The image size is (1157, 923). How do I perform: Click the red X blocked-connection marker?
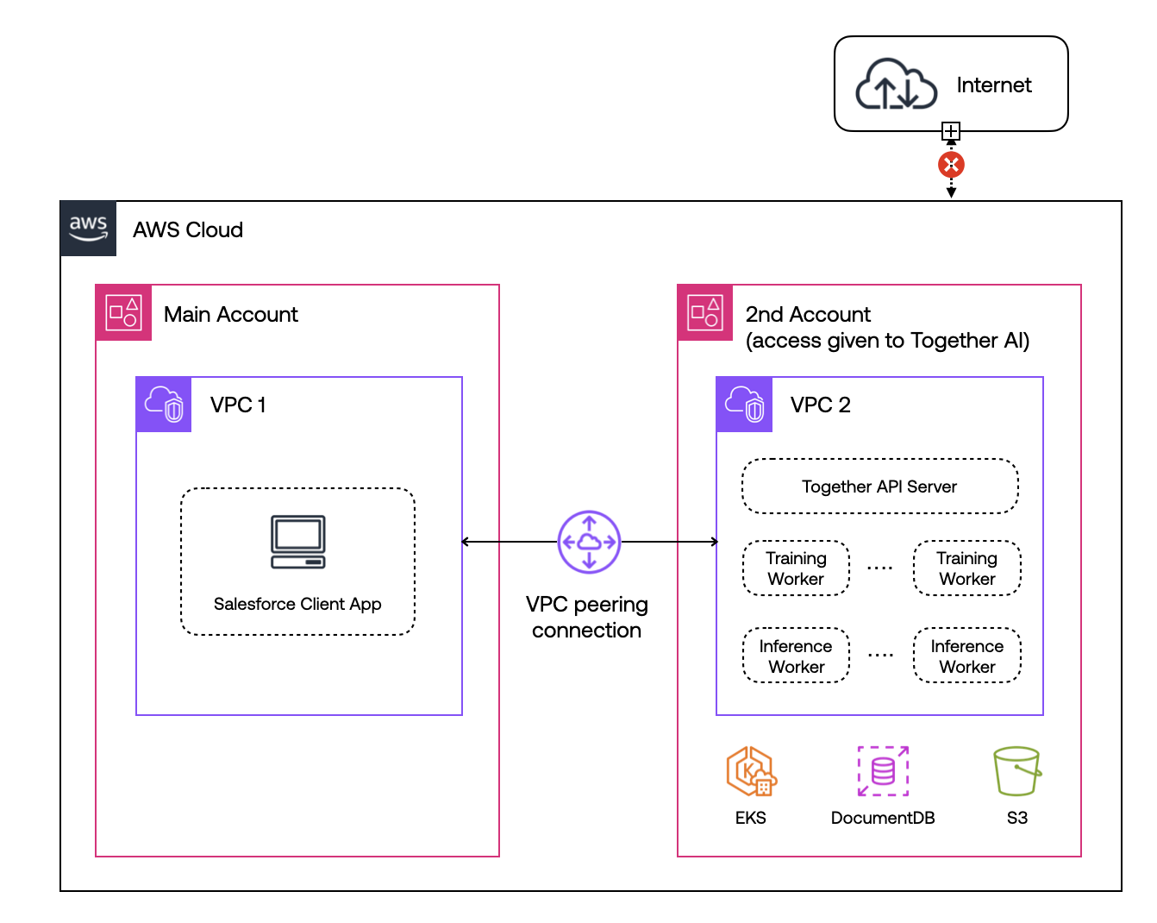(951, 165)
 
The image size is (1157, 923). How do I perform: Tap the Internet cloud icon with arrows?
(896, 84)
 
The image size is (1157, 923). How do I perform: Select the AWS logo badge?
(88, 228)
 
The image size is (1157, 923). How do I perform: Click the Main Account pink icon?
(123, 312)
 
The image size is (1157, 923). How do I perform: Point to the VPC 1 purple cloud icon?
(164, 404)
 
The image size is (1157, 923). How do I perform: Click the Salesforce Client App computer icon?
(297, 542)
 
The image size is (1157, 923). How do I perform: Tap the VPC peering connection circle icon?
(589, 542)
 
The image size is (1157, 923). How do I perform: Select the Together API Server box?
(879, 486)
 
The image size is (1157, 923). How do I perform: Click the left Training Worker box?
(796, 568)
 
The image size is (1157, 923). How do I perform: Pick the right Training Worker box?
(966, 568)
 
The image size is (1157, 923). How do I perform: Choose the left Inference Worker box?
(796, 655)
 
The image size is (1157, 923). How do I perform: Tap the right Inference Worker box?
(966, 655)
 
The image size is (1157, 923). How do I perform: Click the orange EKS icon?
(751, 771)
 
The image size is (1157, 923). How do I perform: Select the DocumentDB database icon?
(883, 771)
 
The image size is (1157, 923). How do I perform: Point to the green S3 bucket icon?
(1017, 771)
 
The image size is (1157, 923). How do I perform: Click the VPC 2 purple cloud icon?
(744, 404)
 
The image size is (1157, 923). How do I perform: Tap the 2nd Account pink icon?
(705, 312)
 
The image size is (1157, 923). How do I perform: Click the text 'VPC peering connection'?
(586, 617)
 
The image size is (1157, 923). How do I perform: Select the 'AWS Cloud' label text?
(188, 229)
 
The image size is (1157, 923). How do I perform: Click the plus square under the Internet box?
(951, 131)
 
